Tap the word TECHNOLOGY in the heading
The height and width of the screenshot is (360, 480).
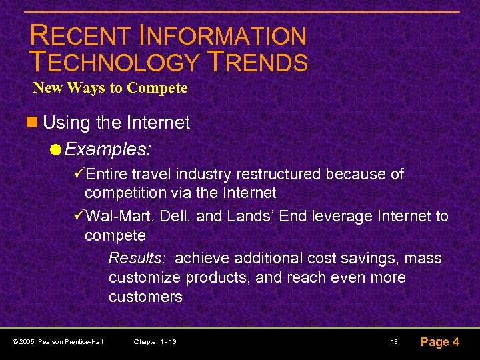[x=114, y=62]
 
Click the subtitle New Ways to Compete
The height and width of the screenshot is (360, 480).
[x=110, y=88]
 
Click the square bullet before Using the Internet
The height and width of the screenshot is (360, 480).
[x=34, y=123]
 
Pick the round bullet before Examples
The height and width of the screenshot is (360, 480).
[x=59, y=149]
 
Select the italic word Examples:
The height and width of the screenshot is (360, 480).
[x=108, y=149]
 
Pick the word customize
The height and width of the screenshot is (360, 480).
[x=145, y=277]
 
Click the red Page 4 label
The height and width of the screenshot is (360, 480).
[x=439, y=342]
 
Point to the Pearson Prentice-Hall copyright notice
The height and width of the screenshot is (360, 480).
[x=58, y=342]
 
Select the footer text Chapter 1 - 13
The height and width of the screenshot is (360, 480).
[x=155, y=342]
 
